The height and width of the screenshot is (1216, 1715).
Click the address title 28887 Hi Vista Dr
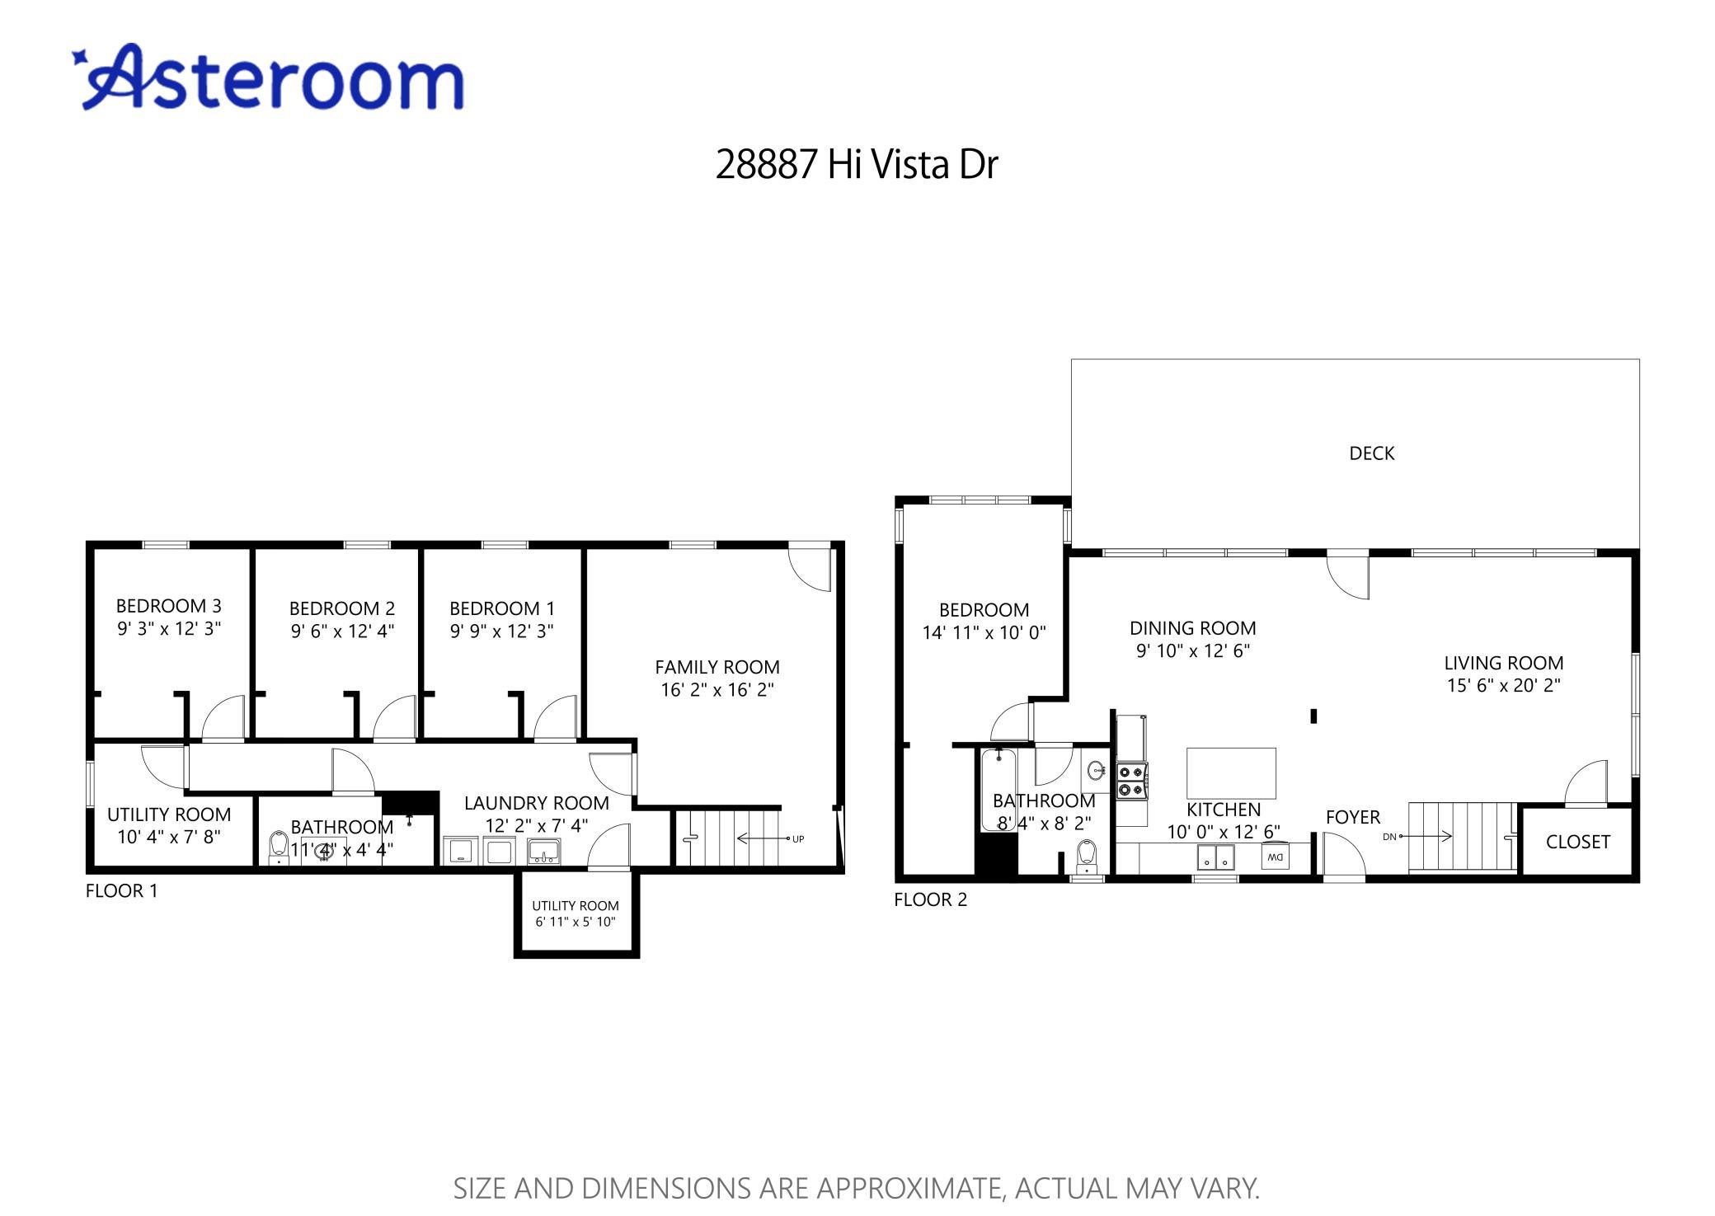click(856, 164)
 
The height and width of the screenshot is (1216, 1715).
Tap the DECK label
click(1371, 453)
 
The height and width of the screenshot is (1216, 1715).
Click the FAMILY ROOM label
click(717, 667)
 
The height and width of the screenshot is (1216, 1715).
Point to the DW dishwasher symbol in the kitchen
click(1275, 857)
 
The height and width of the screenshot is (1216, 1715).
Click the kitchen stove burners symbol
click(1131, 781)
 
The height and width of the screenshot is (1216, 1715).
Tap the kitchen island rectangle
click(1231, 772)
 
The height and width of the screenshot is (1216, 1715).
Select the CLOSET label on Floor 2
click(1577, 842)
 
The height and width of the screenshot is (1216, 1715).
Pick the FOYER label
click(1352, 817)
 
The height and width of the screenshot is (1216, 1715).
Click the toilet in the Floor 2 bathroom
click(1087, 855)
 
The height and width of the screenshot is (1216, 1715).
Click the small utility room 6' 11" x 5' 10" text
click(576, 922)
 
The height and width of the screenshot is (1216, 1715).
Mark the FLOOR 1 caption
click(121, 891)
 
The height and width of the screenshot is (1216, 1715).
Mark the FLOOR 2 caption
click(930, 900)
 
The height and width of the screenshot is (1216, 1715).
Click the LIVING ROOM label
click(1503, 663)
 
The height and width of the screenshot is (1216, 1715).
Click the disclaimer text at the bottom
click(856, 1188)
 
